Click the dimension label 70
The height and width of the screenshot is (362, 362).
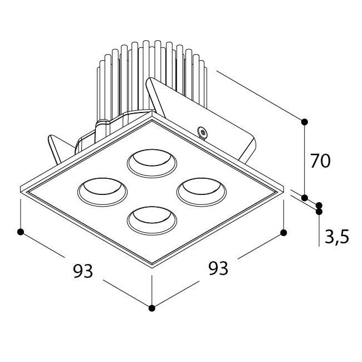coord(320,161)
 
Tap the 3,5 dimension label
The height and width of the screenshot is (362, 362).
coord(337,236)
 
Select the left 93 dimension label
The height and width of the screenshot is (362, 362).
coord(83,271)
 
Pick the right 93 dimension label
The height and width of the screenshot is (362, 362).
coord(218,268)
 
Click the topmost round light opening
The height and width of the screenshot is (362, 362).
coord(152,163)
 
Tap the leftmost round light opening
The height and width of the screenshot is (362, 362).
coord(102,192)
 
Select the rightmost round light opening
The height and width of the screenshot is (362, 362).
coord(202,192)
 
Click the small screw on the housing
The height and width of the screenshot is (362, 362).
coord(203,133)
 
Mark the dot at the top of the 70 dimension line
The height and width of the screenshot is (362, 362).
coord(305,122)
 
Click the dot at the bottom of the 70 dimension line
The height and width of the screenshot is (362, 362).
coord(305,198)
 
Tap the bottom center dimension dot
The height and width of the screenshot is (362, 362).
coord(151,308)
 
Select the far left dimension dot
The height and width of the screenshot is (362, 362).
coord(21,232)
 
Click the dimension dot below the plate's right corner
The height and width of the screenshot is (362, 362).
coord(283,232)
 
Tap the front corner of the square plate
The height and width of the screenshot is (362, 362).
coord(152,267)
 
